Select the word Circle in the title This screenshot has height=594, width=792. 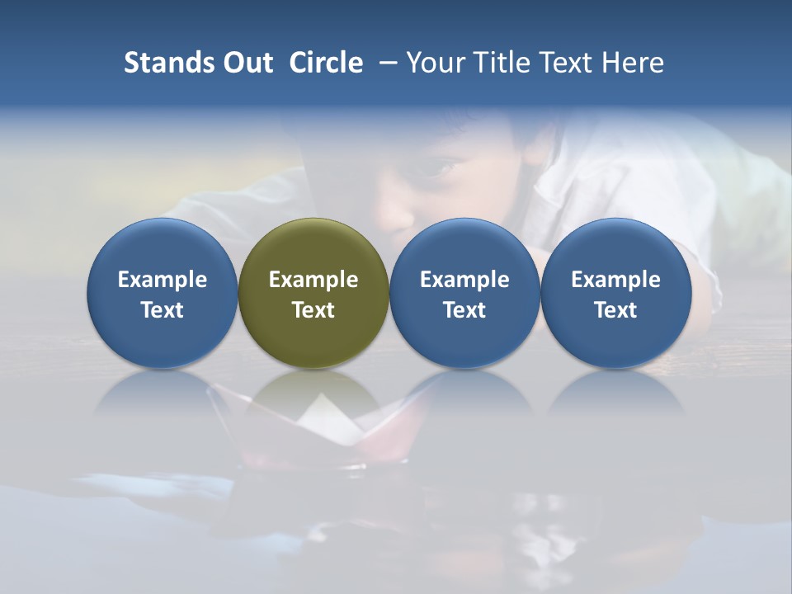[x=326, y=63]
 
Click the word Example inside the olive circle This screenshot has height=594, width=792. [x=313, y=280]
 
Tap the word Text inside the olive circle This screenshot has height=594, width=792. [x=313, y=310]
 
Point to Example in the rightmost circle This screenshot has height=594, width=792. [x=616, y=280]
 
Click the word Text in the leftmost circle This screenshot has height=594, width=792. [x=163, y=310]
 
